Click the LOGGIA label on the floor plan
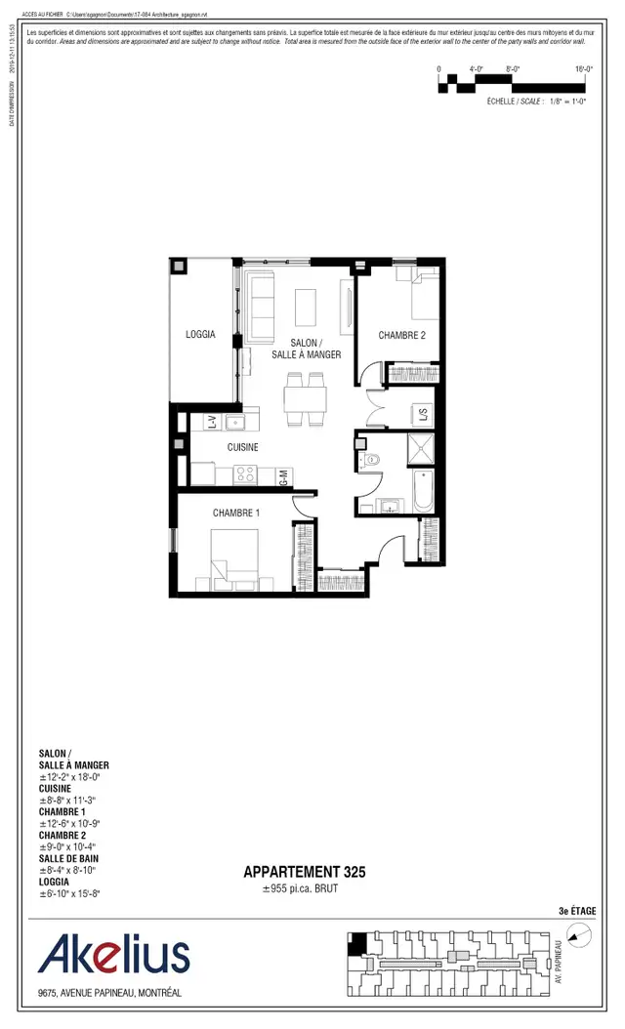(x=200, y=335)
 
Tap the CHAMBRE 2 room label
(x=402, y=336)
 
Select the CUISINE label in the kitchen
(x=243, y=447)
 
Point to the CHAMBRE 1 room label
(x=237, y=514)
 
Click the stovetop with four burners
(x=244, y=475)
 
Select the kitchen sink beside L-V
(x=234, y=422)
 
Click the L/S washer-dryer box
(x=423, y=414)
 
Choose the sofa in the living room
(x=261, y=308)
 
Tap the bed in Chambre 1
(x=234, y=559)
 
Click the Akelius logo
(x=113, y=955)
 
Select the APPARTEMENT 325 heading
(x=305, y=873)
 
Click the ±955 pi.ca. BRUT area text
(x=299, y=890)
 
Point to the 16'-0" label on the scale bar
(x=584, y=69)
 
